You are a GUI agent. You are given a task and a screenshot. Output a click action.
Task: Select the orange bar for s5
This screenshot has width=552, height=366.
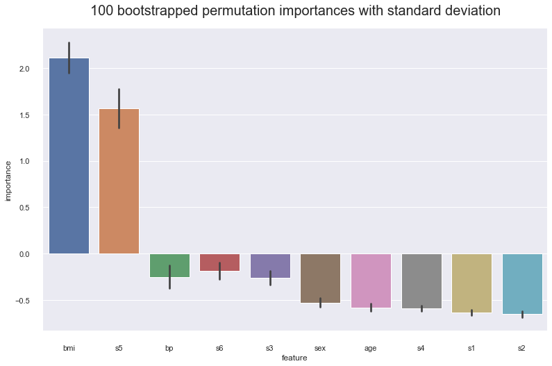(x=119, y=181)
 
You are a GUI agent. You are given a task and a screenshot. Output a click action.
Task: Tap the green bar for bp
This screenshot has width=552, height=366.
(x=169, y=265)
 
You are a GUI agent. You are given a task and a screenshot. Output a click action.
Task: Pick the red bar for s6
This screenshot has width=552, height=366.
(x=219, y=263)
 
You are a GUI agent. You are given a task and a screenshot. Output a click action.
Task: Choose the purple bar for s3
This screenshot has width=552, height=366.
(x=270, y=266)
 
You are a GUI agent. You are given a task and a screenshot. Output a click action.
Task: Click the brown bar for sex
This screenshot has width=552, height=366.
(x=320, y=278)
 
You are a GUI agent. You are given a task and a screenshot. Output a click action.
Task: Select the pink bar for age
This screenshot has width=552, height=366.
(x=371, y=281)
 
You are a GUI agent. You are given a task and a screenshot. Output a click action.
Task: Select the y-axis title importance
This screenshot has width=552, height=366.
(x=8, y=181)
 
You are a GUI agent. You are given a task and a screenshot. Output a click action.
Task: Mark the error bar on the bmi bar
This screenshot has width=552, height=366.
(x=69, y=58)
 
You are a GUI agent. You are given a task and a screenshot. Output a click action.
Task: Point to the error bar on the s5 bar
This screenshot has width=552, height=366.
(x=119, y=108)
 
